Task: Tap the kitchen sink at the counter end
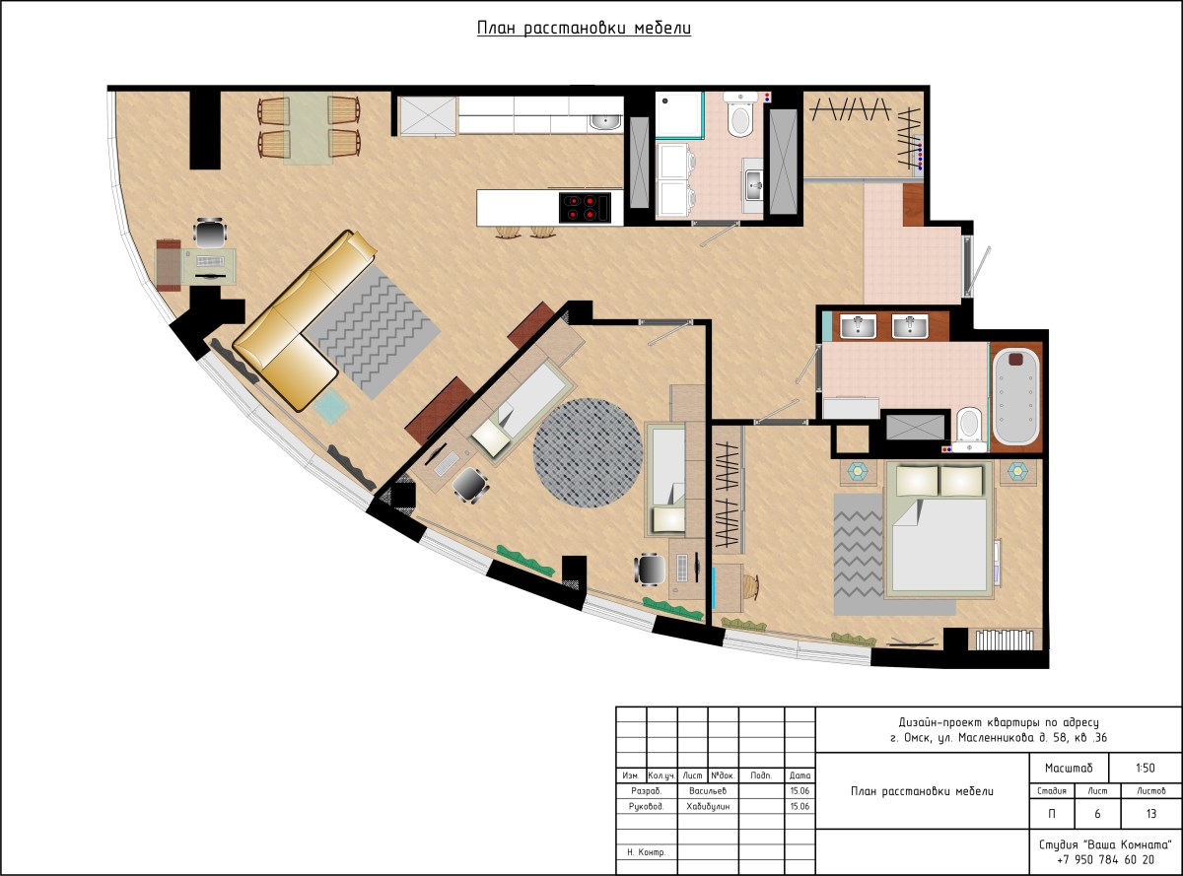[606, 122]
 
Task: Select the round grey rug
[588, 452]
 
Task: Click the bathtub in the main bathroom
[1017, 396]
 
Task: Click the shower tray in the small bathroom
[679, 114]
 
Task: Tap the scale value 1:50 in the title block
[1146, 768]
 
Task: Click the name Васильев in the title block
[708, 790]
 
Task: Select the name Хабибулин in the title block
[708, 806]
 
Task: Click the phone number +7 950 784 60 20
[1105, 859]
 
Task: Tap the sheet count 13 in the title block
[1151, 814]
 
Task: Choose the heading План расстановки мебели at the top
[584, 29]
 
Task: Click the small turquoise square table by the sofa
[330, 406]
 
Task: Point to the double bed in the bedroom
[939, 529]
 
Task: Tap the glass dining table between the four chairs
[308, 128]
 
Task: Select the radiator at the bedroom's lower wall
[1005, 640]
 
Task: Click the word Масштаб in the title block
[1069, 768]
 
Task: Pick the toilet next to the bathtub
[969, 430]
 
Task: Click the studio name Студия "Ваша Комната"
[1105, 844]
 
